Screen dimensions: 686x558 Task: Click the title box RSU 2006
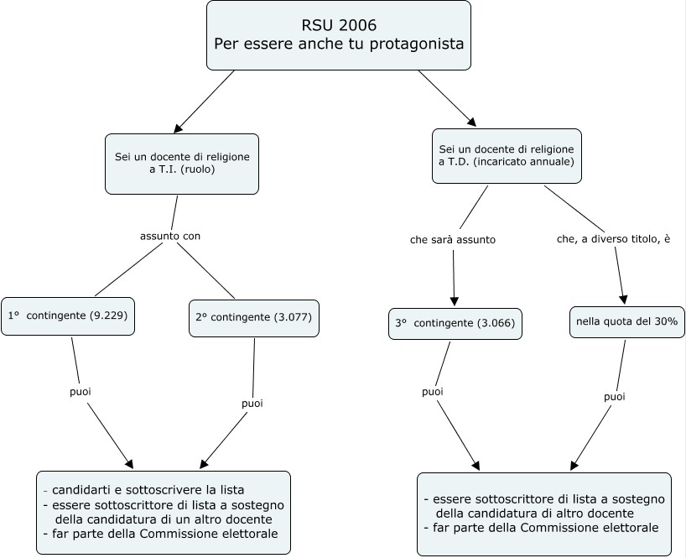339,35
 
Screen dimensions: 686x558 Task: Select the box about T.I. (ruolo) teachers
182,164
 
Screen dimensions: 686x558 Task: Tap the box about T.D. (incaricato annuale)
507,156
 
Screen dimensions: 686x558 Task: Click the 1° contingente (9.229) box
68,316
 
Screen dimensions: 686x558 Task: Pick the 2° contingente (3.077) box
254,318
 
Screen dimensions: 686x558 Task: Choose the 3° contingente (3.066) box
455,324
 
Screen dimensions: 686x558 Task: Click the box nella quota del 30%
627,322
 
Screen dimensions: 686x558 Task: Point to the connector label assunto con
170,237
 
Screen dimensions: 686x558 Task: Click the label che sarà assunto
453,240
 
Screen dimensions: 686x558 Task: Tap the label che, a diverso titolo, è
613,239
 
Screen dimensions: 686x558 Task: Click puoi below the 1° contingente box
81,392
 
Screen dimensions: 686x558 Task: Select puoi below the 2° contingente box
252,404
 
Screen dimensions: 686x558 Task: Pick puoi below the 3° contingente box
433,392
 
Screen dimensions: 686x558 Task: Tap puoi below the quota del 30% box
615,398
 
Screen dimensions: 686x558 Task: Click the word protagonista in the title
417,44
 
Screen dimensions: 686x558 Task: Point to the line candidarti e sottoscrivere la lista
144,490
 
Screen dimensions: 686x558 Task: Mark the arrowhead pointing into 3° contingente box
455,301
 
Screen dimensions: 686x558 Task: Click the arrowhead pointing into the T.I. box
178,128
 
